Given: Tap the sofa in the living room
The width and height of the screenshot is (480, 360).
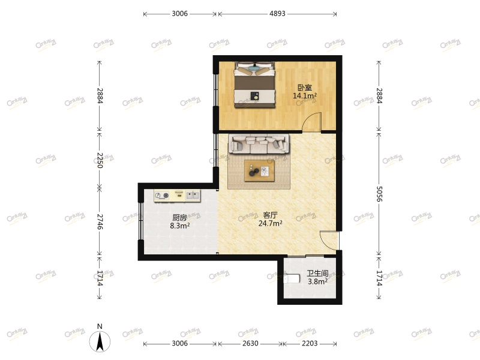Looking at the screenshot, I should (x=259, y=144).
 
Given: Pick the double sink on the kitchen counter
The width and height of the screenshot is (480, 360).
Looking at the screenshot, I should (x=193, y=194).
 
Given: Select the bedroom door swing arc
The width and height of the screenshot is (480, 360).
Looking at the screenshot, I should (x=311, y=122).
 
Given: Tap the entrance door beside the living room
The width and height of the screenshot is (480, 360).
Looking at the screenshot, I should (x=329, y=239).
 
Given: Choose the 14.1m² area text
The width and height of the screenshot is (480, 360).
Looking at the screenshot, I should (x=305, y=95).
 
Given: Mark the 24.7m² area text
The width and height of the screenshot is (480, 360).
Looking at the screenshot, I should (x=270, y=223).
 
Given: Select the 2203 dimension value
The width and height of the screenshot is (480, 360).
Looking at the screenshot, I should (x=310, y=344).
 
